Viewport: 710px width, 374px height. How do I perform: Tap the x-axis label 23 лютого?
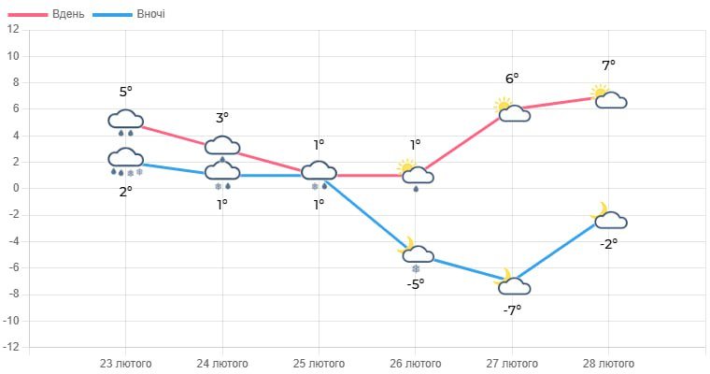[125, 363]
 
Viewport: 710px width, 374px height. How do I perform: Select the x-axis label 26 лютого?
[416, 363]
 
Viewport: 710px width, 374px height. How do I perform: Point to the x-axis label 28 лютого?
[609, 363]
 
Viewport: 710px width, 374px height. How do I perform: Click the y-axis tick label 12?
[13, 29]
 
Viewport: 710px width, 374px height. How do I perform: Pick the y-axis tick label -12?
[11, 348]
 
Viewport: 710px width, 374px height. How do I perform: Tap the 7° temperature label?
[609, 65]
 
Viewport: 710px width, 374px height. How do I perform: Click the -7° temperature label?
[512, 309]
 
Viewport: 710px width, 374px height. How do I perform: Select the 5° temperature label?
[125, 92]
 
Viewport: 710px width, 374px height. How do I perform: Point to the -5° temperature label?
[416, 283]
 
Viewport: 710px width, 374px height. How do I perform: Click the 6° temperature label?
[512, 79]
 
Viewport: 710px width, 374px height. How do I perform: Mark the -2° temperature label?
[609, 243]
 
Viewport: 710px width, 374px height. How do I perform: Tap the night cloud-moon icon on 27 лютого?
[512, 283]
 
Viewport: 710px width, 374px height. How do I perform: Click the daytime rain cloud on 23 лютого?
[125, 122]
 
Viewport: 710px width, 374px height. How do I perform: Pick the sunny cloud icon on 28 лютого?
[609, 97]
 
